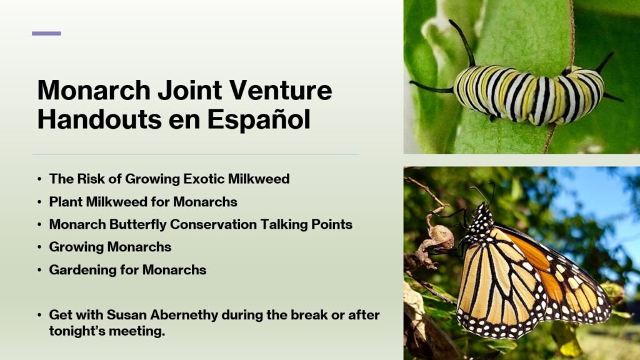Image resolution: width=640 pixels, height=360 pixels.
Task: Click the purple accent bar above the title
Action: (x=46, y=34)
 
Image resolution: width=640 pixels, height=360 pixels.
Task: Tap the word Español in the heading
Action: (x=259, y=119)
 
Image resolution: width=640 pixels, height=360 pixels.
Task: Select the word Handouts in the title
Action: (x=99, y=119)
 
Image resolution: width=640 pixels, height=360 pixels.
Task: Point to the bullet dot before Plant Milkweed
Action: (x=39, y=202)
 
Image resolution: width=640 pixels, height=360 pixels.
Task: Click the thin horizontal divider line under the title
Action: (x=196, y=155)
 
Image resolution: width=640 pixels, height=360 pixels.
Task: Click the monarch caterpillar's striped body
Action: (x=529, y=94)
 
